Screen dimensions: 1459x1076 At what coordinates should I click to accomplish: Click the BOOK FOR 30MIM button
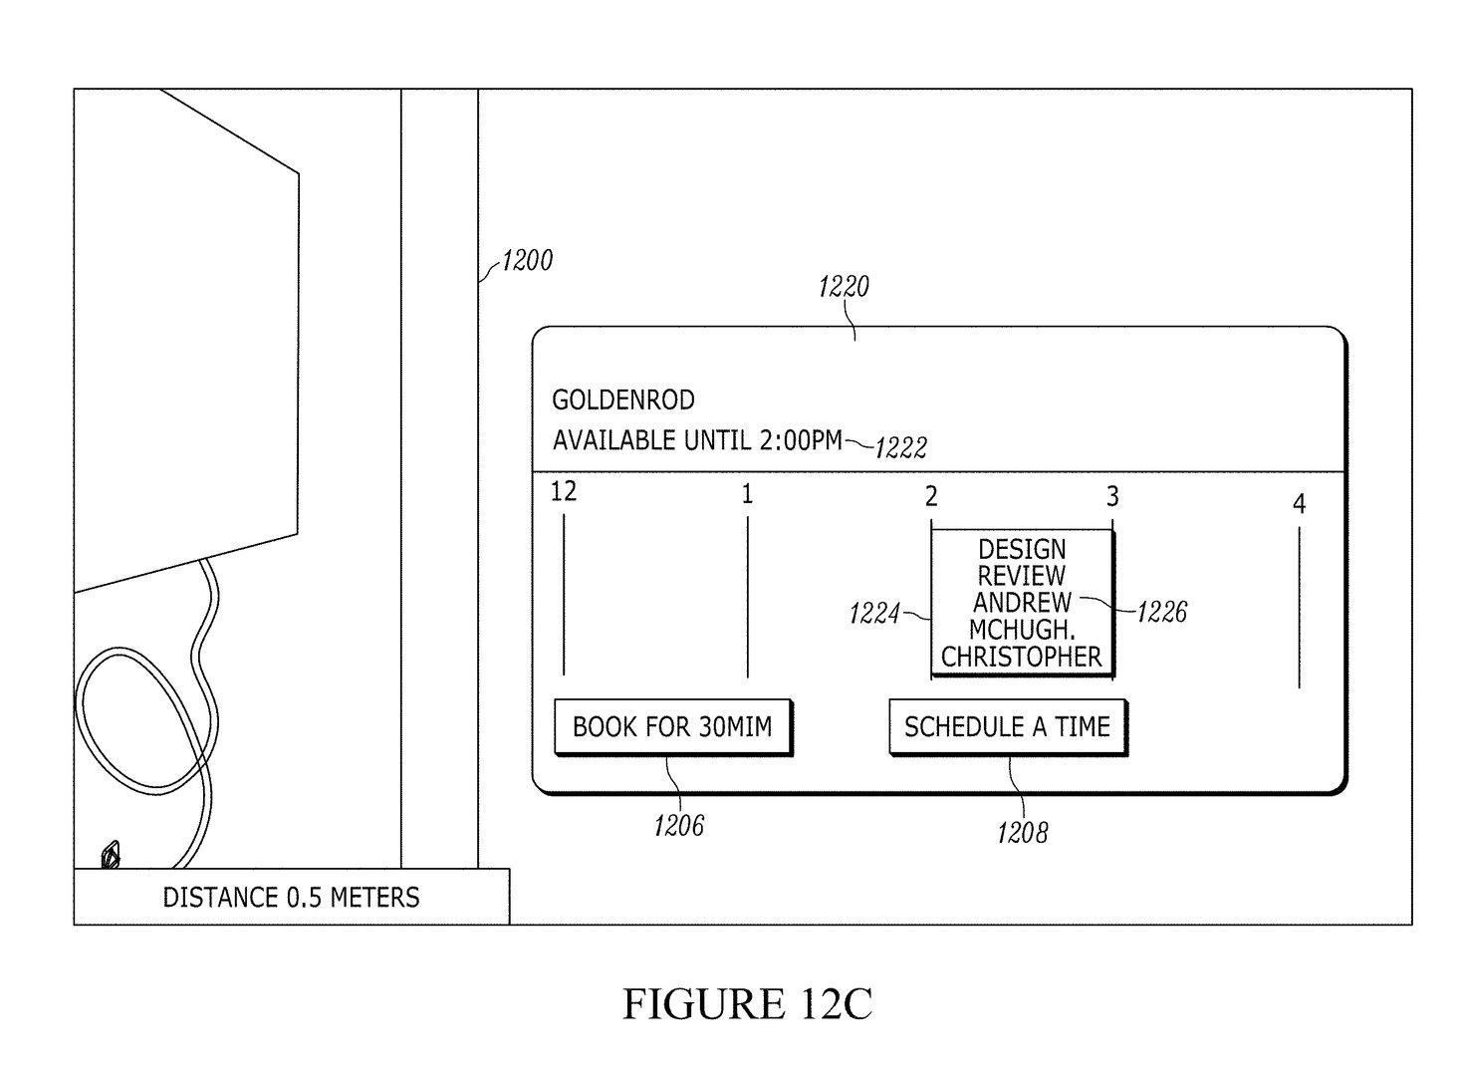pos(673,727)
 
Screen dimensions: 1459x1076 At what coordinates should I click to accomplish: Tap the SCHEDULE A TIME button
pos(1008,727)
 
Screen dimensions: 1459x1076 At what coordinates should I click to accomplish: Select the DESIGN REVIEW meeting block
pos(1023,604)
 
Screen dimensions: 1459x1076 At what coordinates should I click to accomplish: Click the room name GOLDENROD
pos(623,400)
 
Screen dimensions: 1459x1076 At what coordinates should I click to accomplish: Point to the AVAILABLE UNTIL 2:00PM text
pos(697,440)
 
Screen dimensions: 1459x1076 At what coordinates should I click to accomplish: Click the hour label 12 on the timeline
pos(564,491)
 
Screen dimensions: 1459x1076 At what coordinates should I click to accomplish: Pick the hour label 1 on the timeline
pos(747,494)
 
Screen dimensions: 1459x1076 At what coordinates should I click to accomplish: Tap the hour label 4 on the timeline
pos(1299,504)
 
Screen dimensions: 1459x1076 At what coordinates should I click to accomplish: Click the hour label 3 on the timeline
pos(1112,496)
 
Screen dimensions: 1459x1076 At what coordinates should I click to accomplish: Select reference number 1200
pos(527,261)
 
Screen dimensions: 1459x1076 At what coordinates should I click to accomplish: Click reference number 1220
pos(844,287)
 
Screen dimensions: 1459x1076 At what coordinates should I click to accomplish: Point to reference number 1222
pos(901,447)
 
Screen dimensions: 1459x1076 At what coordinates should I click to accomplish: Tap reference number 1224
pos(874,614)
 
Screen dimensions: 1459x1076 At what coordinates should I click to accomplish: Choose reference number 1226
pos(1162,612)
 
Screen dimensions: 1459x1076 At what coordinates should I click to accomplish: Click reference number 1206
pos(678,826)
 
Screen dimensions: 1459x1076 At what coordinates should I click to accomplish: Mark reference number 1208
pos(1023,833)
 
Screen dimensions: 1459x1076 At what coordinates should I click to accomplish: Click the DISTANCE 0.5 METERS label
pos(291,898)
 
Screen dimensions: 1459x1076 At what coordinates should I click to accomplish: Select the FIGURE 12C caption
pos(747,1004)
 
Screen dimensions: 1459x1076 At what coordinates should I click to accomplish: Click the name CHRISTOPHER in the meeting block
pos(1022,657)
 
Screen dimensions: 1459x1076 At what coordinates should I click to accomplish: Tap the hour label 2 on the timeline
pos(931,496)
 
